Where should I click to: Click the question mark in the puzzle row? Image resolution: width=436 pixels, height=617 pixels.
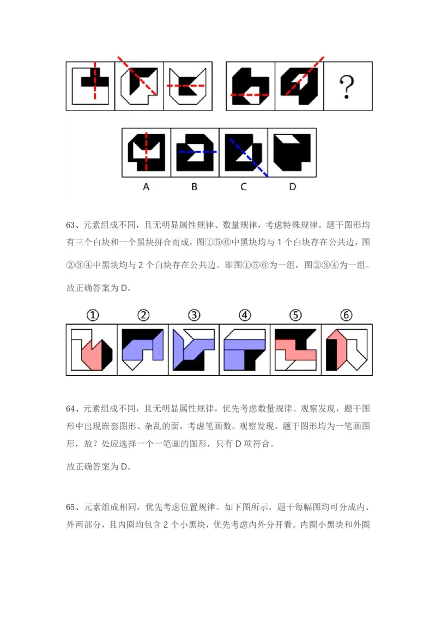coord(347,87)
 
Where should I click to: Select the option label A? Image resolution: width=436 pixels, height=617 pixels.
coord(146,187)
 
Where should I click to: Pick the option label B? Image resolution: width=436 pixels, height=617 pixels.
coord(195,187)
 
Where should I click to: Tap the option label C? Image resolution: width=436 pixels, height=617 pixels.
coord(244,187)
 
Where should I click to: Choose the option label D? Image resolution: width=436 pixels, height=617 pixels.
coord(293,187)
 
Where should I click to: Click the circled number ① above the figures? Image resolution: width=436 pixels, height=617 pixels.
coord(93,315)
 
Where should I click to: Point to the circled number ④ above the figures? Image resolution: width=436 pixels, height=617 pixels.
coord(245,315)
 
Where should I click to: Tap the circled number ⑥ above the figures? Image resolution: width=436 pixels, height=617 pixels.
coord(346,315)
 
